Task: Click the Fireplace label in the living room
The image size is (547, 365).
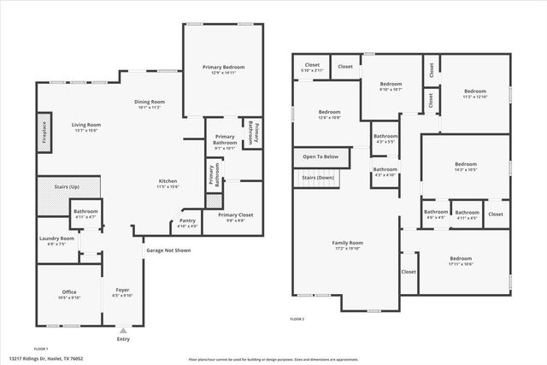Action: point(43,135)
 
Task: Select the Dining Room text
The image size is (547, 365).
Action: point(150,102)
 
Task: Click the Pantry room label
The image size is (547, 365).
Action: point(187,221)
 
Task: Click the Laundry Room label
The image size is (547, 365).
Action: point(56,238)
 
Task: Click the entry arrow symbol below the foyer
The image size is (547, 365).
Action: point(123,330)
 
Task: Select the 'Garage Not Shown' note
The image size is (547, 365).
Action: point(168,250)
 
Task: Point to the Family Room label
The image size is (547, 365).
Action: point(348,243)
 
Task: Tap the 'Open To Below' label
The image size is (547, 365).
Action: point(321,156)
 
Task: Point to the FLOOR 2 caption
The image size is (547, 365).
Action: point(297,318)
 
